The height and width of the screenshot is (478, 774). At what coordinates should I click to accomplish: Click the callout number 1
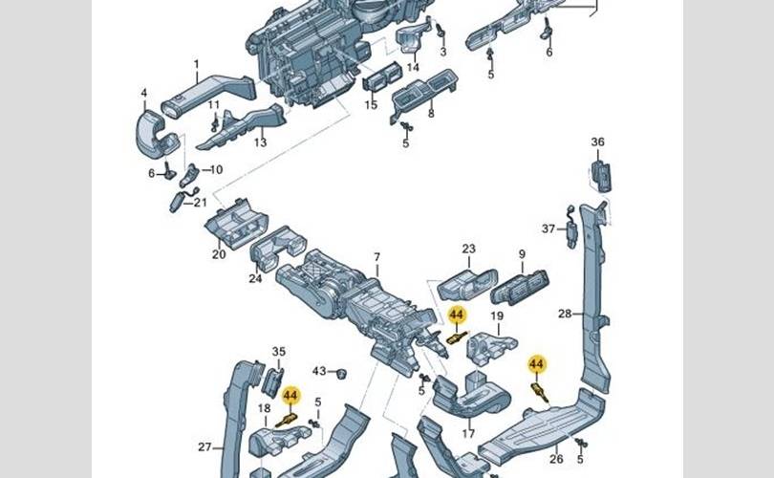[x=196, y=66]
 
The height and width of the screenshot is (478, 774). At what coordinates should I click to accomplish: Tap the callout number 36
[x=598, y=142]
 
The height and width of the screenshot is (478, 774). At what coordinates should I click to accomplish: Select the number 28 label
[x=564, y=314]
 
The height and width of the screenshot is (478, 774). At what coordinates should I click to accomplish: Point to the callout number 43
[x=319, y=371]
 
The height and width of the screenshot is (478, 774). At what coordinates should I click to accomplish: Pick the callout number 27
[x=204, y=446]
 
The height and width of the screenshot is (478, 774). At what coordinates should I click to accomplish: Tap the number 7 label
[x=376, y=257]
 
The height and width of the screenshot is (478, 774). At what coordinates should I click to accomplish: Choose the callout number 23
[x=468, y=250]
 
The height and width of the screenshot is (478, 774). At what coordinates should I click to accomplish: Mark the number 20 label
[x=219, y=255]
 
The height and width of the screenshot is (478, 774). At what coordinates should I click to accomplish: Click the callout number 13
[x=260, y=142]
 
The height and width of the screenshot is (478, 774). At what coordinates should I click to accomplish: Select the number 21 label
[x=200, y=203]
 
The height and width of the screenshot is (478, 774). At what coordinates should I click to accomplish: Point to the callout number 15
[x=371, y=104]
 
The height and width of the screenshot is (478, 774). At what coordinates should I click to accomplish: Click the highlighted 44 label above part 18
[x=290, y=395]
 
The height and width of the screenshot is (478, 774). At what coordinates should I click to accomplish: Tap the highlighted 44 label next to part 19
[x=457, y=314]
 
